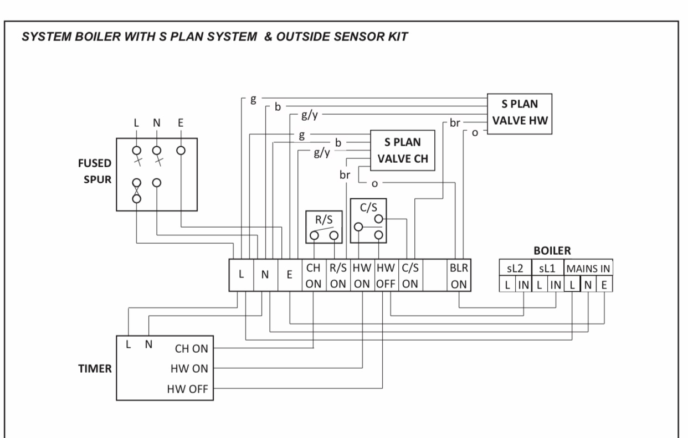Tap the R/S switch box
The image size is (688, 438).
coord(324,226)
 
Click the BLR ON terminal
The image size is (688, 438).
coord(459,275)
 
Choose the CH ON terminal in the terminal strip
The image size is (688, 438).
coord(313,275)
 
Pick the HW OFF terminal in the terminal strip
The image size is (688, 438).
coord(386,275)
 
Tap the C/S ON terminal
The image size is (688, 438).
coord(409,275)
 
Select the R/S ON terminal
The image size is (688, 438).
coord(337,275)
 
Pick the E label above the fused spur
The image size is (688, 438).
coord(181,122)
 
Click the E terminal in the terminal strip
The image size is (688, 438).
coord(289,275)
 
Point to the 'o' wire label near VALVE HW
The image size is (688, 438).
coord(474,133)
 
